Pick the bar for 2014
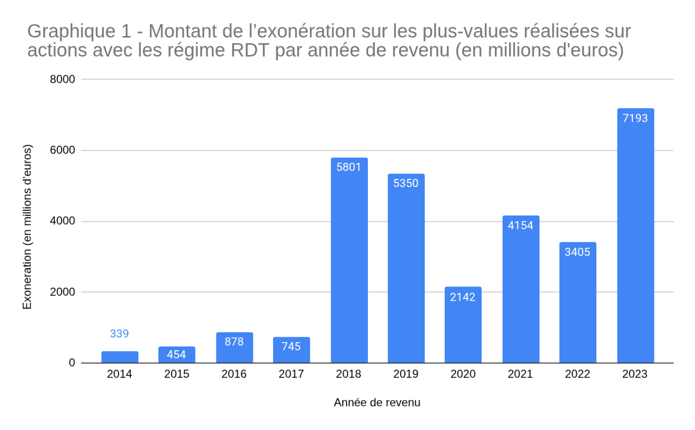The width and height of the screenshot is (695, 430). click(x=119, y=357)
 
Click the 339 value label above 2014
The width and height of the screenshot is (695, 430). click(x=119, y=333)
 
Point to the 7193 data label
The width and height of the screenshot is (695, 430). click(x=635, y=118)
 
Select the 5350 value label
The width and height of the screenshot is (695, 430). click(x=406, y=183)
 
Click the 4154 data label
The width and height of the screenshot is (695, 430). click(x=521, y=225)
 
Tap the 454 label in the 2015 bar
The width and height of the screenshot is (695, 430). click(x=177, y=354)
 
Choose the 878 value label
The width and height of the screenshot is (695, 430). click(x=234, y=342)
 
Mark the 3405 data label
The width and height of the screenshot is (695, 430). click(x=577, y=252)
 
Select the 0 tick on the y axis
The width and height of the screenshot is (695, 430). click(x=72, y=363)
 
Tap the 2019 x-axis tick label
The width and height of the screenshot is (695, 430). click(x=406, y=374)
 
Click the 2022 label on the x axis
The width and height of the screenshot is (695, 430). click(x=577, y=374)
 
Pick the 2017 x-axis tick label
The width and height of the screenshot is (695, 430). click(x=291, y=374)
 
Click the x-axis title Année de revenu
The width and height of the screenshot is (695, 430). click(x=377, y=403)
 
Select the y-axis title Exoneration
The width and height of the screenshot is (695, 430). click(x=27, y=227)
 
